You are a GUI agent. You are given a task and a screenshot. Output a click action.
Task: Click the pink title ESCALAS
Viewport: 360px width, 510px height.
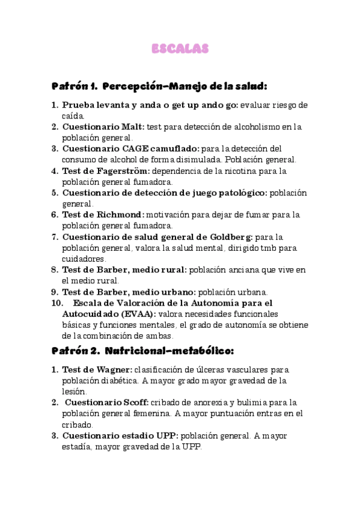179,48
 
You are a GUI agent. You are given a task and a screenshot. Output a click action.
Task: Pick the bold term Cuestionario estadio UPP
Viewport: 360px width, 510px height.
120,435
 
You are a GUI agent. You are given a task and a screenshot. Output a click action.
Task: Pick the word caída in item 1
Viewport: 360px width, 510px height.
73,115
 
